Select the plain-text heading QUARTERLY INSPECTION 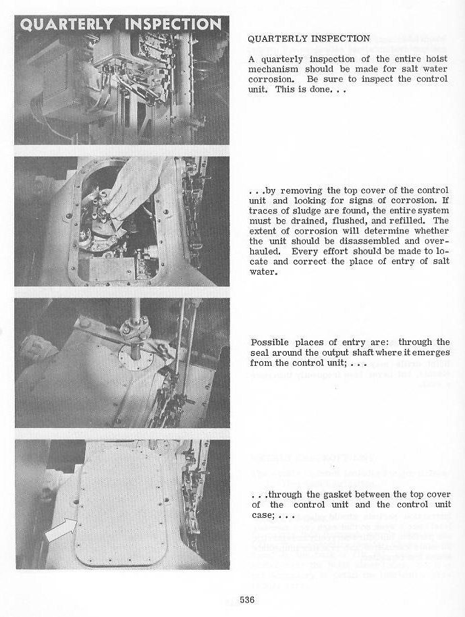coord(309,38)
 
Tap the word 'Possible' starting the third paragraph coord(269,342)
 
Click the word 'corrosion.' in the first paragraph coord(270,79)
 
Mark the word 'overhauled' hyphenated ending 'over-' coord(435,240)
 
